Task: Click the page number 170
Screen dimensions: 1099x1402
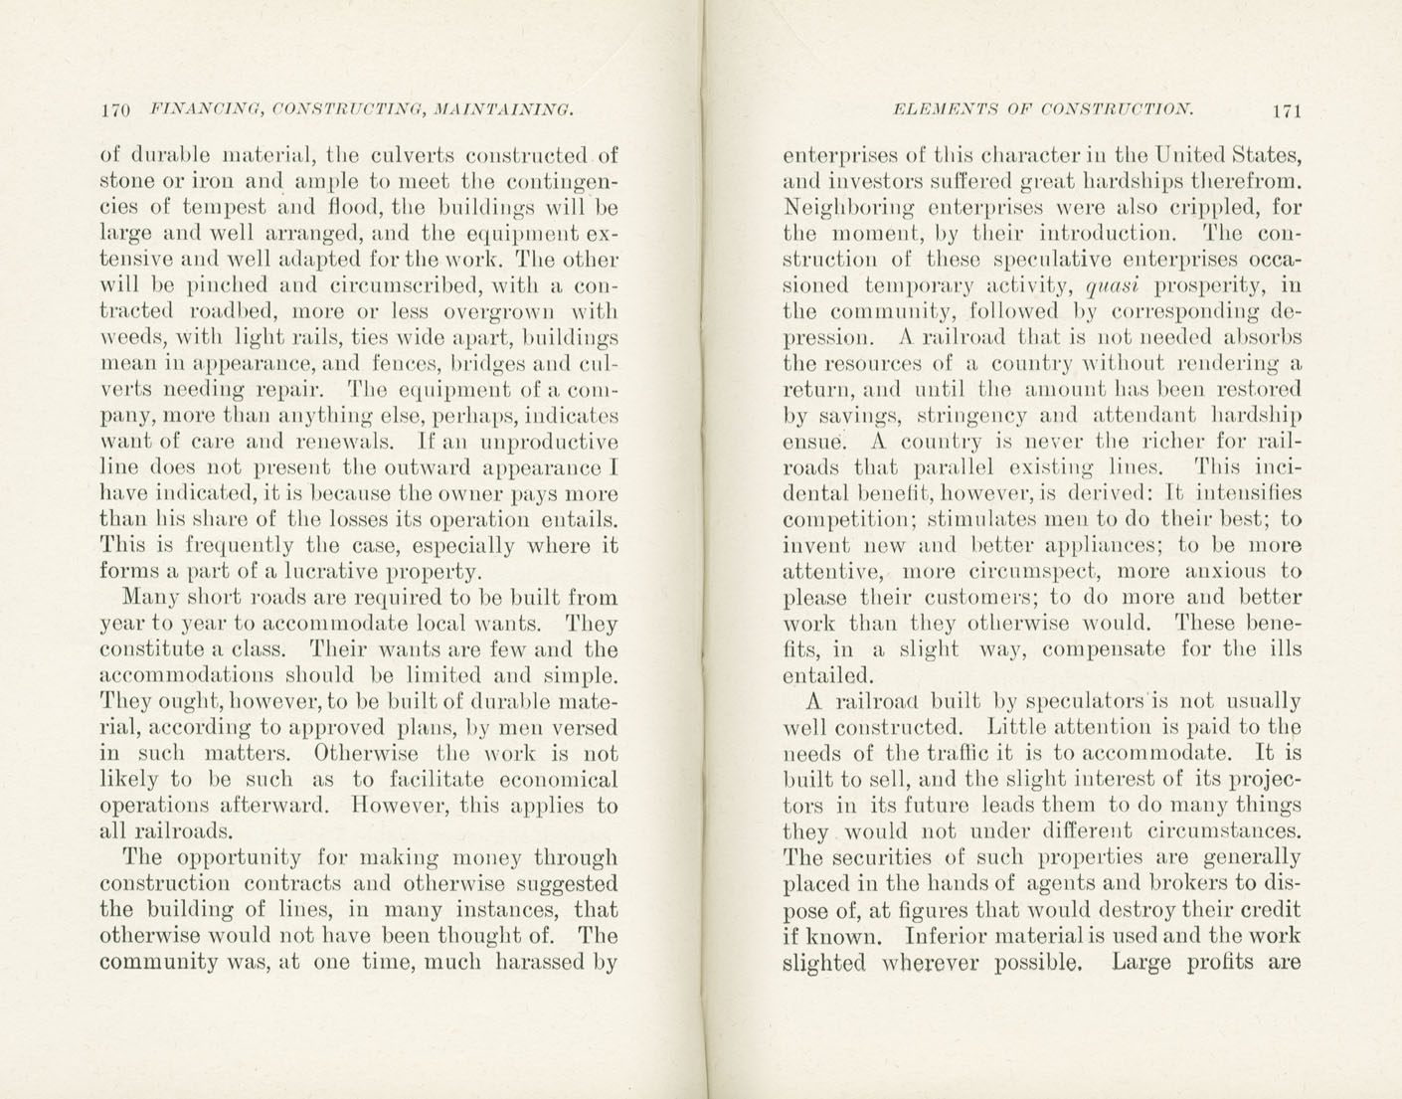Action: (117, 110)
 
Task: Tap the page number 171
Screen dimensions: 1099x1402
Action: (1286, 110)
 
